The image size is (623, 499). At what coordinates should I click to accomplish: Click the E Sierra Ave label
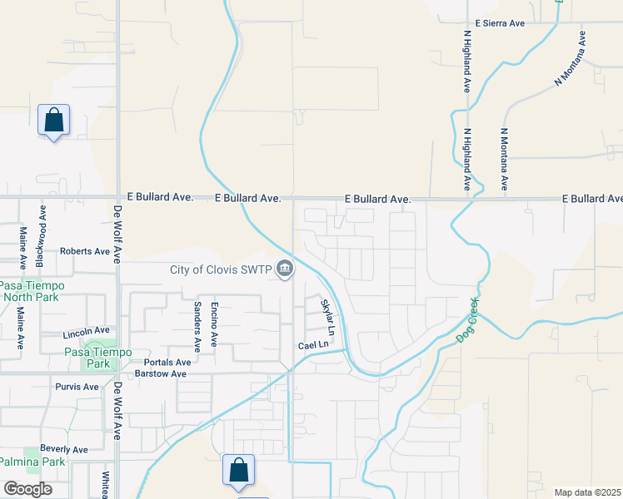pos(500,24)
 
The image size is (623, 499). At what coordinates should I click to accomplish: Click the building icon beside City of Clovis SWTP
pos(285,269)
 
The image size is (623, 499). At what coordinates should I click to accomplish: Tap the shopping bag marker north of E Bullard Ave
pos(54,121)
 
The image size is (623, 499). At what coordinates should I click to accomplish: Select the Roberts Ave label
pos(85,250)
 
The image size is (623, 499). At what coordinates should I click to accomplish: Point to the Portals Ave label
pos(167,363)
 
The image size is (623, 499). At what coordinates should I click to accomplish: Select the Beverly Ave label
pos(63,450)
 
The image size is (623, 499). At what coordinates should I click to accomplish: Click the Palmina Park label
pos(32,462)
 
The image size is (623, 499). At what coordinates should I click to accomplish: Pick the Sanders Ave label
pos(197,324)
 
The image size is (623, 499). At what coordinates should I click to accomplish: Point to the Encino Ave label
pos(214,324)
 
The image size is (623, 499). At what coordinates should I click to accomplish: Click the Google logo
pos(27,488)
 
